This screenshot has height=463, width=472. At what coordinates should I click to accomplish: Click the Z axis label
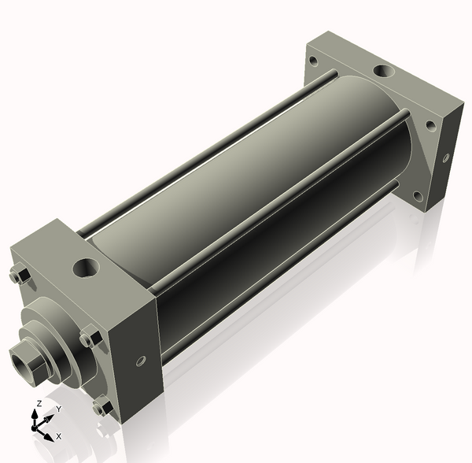39,403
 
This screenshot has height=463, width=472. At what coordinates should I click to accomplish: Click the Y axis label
59,409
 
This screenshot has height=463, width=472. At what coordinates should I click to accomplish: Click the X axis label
59,436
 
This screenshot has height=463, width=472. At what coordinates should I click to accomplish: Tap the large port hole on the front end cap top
86,268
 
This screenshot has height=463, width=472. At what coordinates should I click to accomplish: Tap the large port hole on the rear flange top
385,72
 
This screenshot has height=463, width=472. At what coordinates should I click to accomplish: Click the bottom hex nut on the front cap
103,408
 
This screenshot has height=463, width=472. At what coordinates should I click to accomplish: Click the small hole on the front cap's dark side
141,361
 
